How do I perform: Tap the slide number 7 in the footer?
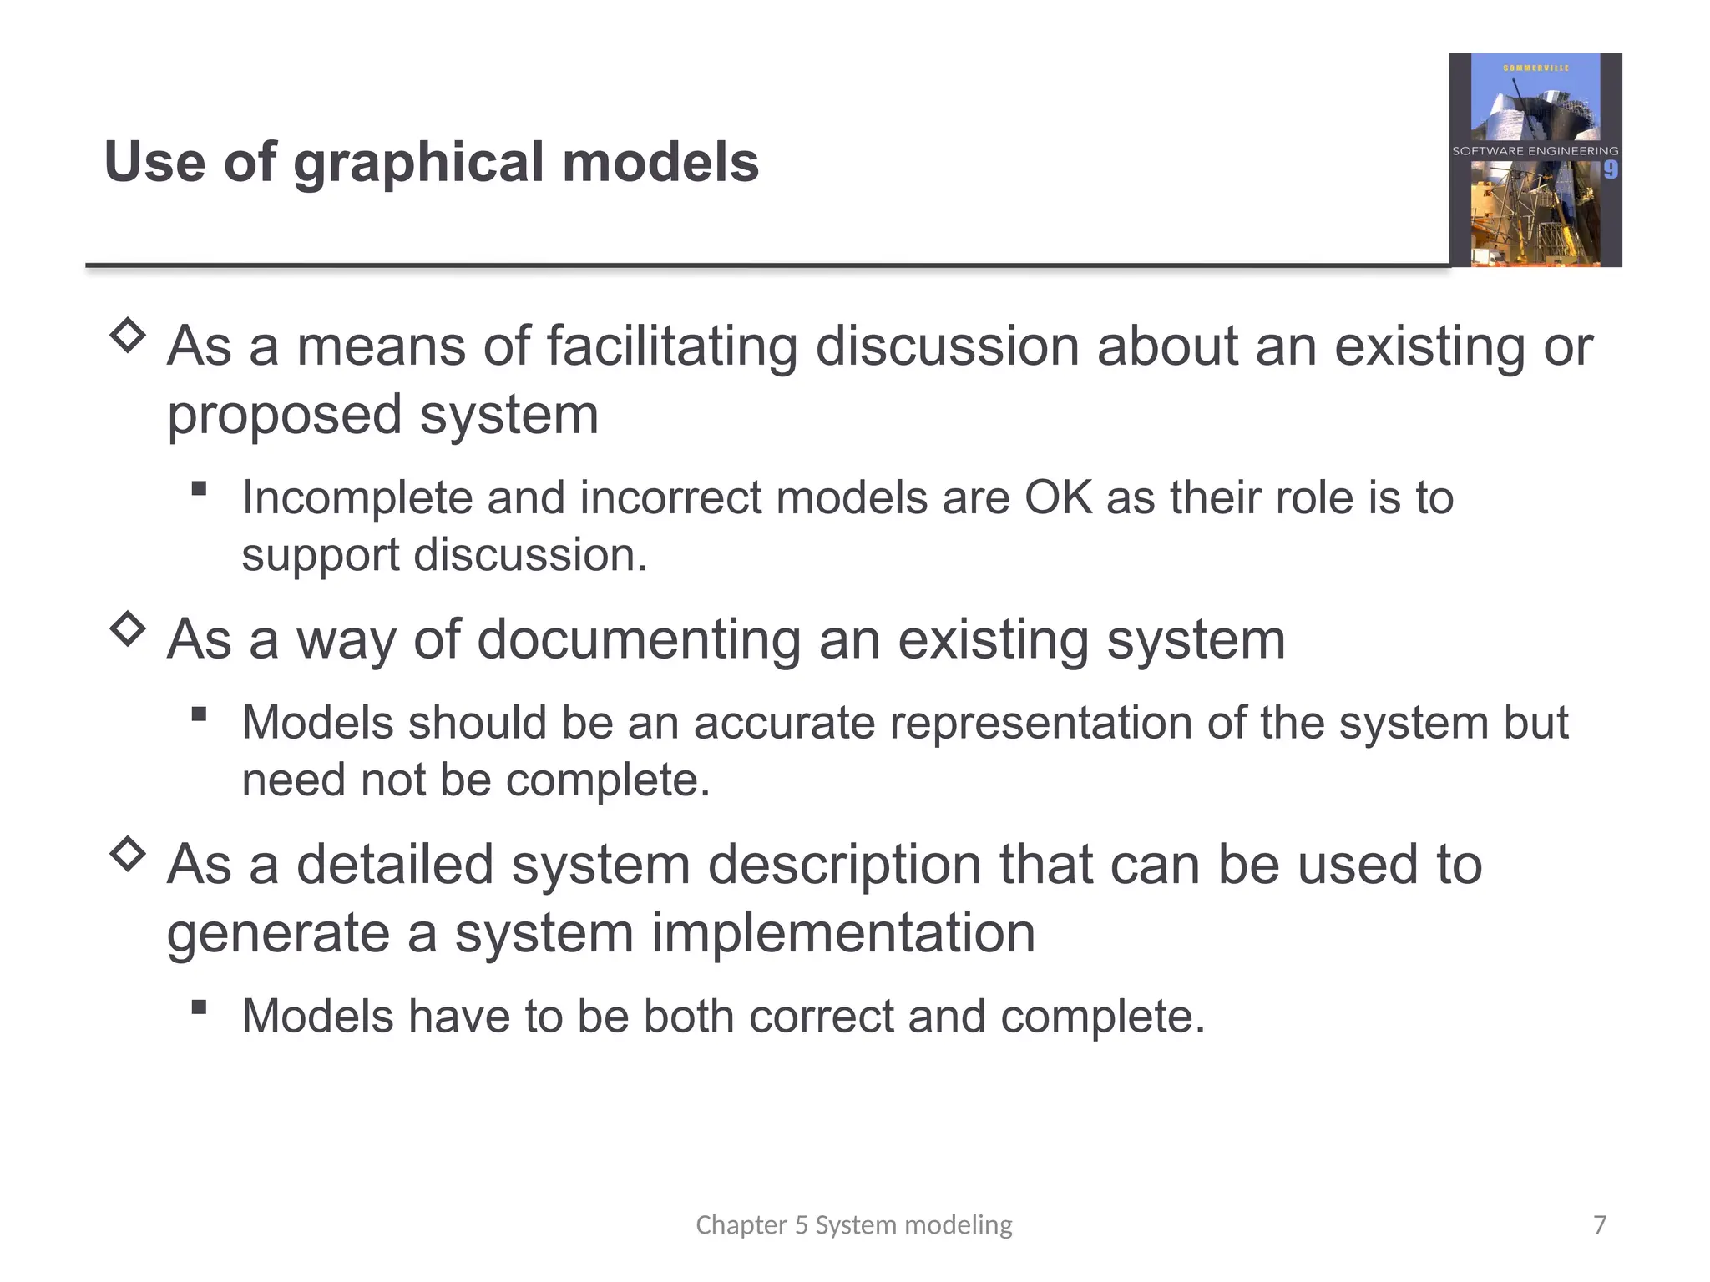pyautogui.click(x=1600, y=1224)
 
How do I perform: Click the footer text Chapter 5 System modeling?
pyautogui.click(x=853, y=1224)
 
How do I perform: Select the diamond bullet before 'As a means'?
pyautogui.click(x=128, y=336)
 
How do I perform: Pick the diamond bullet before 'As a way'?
pyautogui.click(x=128, y=628)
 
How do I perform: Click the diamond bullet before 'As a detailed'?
pyautogui.click(x=128, y=854)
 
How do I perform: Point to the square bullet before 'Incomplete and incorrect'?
pyautogui.click(x=199, y=488)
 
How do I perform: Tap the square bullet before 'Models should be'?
pyautogui.click(x=199, y=714)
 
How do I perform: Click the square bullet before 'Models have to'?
pyautogui.click(x=199, y=1007)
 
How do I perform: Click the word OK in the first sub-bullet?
pyautogui.click(x=1058, y=498)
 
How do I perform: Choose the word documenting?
pyautogui.click(x=639, y=640)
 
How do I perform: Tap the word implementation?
pyautogui.click(x=842, y=933)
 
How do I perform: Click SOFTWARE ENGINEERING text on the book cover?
pyautogui.click(x=1535, y=151)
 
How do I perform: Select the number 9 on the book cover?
pyautogui.click(x=1611, y=170)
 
